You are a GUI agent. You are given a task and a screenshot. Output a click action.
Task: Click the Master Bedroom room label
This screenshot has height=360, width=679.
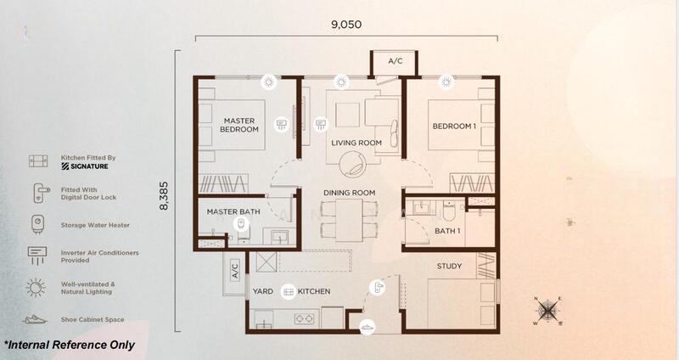(239, 125)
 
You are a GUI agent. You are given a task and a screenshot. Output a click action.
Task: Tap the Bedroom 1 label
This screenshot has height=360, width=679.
(454, 127)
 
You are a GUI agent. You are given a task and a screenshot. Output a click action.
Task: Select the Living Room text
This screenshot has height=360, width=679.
(356, 143)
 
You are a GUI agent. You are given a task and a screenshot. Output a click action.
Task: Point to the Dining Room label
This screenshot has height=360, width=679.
(350, 193)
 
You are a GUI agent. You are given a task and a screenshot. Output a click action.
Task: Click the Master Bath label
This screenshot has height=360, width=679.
(233, 212)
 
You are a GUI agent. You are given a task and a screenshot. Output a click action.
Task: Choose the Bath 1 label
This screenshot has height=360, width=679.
(447, 231)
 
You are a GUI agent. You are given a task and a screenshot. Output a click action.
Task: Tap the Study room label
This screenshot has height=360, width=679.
(449, 266)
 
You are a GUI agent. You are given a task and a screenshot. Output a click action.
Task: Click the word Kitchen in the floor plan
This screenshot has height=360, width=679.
(314, 291)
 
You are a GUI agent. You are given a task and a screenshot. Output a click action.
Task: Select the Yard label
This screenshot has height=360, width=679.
(263, 291)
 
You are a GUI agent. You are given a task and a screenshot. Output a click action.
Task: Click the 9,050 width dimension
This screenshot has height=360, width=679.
(346, 25)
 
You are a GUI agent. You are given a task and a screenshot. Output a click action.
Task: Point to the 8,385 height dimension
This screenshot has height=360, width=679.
(164, 196)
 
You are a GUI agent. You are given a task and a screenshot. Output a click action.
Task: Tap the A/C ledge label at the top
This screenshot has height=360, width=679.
(395, 61)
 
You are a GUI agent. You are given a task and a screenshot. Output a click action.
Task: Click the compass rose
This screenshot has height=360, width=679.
(548, 310)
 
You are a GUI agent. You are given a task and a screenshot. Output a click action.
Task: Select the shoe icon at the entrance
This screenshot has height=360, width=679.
(368, 326)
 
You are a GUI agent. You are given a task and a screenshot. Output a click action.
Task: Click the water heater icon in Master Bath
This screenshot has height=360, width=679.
(241, 224)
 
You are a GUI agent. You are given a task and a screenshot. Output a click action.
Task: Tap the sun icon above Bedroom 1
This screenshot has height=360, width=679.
(446, 82)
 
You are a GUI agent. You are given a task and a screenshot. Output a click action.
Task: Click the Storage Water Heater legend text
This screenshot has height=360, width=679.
(95, 225)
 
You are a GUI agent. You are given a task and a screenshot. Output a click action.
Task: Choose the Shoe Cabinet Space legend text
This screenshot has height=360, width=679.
(93, 320)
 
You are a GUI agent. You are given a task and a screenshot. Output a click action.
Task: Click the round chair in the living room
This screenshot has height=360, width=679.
(353, 165)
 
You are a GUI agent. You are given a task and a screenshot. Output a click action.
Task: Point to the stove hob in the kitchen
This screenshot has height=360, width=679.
(304, 319)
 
